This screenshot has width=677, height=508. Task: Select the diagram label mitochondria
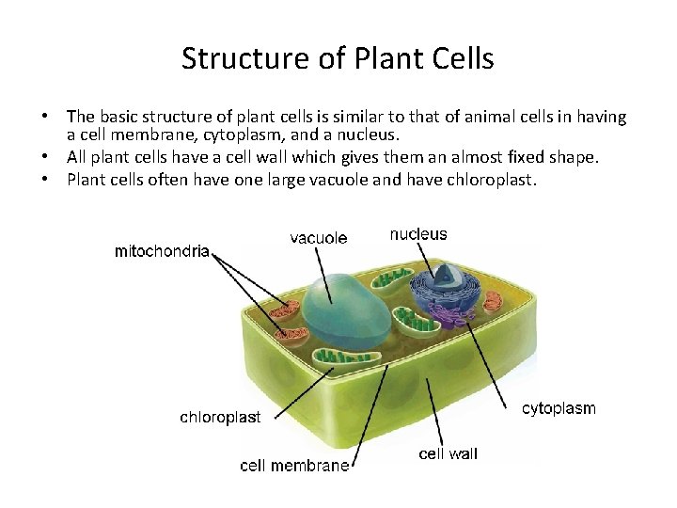(162, 251)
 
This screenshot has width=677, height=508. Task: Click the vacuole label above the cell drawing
(319, 238)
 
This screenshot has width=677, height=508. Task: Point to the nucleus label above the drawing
(418, 233)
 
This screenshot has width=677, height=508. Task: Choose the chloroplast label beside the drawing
(220, 417)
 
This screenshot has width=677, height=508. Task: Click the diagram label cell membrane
(294, 465)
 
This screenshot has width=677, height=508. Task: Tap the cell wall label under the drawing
(448, 453)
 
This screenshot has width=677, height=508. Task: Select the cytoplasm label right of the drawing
(559, 408)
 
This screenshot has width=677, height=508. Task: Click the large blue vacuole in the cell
(349, 303)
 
